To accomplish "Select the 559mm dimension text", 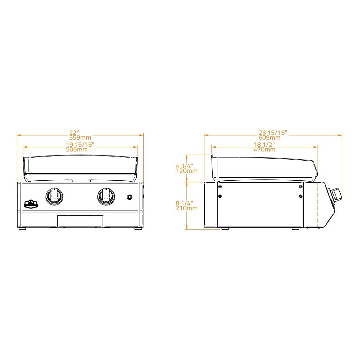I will tap(80, 138).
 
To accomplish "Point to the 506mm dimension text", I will tap(77, 149).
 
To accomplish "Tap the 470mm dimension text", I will tap(265, 149).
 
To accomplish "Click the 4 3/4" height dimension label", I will tap(184, 166).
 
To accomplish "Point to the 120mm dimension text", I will tap(186, 170).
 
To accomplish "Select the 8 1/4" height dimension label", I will tap(184, 203).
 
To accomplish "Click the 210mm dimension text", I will tap(186, 208).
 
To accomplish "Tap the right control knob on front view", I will tap(106, 196).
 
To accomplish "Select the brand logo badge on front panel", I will tap(31, 204).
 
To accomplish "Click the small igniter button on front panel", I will tap(130, 197).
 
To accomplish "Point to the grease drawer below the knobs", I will tap(80, 221).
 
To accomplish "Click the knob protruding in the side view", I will tap(337, 194).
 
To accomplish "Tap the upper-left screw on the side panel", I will tap(220, 187).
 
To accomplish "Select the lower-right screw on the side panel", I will tap(301, 196).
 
